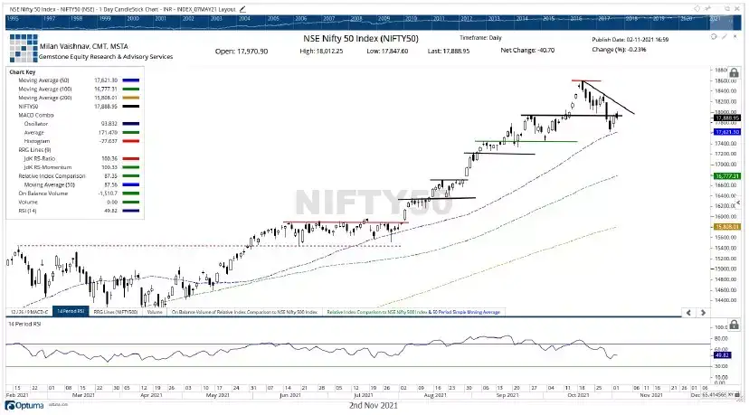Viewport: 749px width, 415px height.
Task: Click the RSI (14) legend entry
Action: (x=27, y=211)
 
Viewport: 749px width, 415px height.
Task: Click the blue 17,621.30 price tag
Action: (x=727, y=132)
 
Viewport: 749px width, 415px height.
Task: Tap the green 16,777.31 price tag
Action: (x=727, y=176)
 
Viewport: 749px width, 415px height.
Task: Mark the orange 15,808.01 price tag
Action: (x=727, y=227)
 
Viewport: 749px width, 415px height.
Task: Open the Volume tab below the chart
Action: (x=155, y=311)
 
